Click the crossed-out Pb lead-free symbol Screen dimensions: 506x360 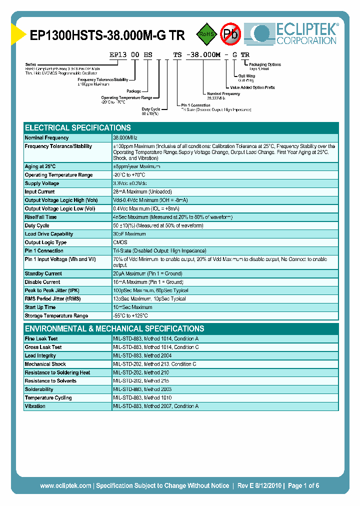point(230,34)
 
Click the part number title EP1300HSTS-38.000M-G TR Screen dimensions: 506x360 point(107,36)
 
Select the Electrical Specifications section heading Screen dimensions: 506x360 point(78,127)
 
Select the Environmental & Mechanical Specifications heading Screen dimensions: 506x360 point(114,328)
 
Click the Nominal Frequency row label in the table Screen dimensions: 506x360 point(47,138)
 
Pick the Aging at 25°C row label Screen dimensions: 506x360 point(40,166)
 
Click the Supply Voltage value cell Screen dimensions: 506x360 point(134,183)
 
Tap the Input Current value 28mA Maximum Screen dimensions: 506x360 point(142,192)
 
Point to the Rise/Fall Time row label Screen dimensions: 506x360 point(41,217)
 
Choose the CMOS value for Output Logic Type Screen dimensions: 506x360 point(120,242)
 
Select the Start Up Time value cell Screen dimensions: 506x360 point(132,307)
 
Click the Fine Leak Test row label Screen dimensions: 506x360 point(41,339)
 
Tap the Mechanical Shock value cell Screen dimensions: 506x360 point(155,364)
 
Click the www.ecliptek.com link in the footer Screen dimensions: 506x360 point(65,485)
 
